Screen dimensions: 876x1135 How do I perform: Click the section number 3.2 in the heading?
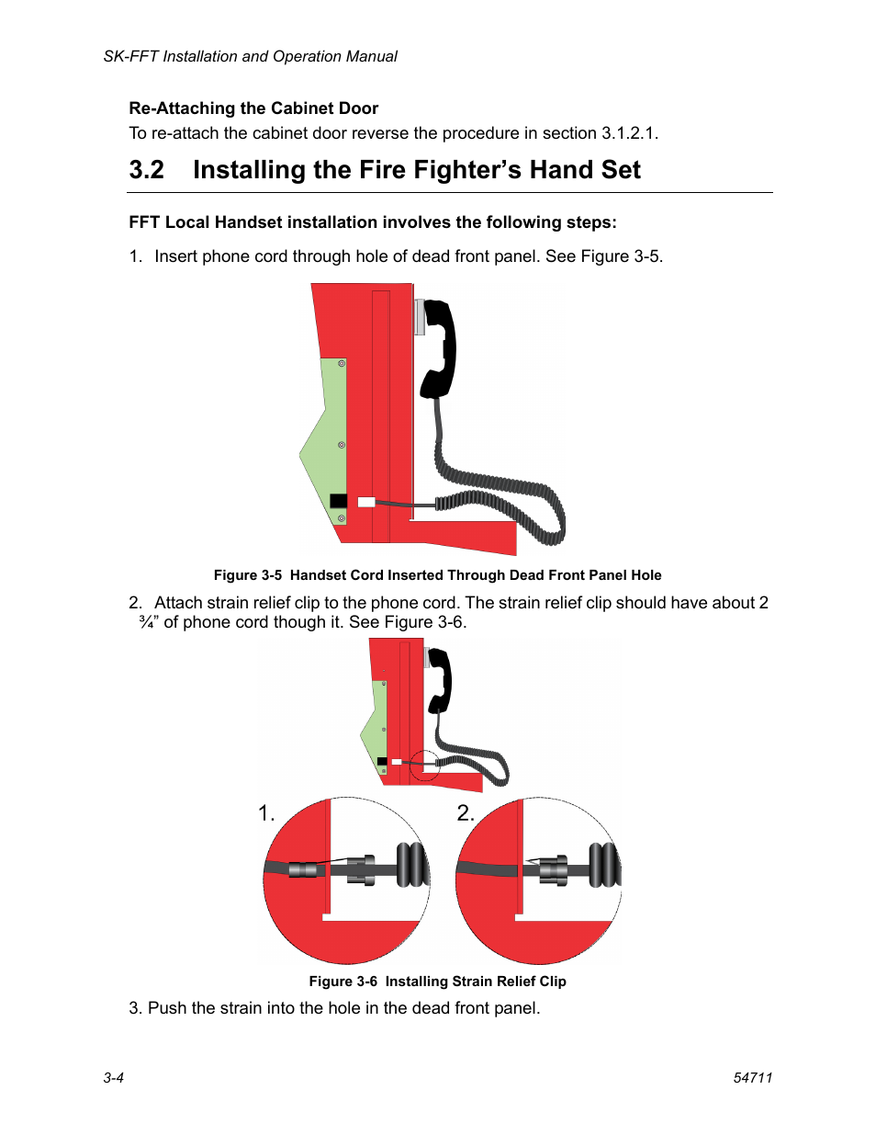click(147, 170)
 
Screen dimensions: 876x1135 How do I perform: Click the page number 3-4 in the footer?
click(113, 1077)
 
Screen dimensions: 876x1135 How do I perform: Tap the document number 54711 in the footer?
click(752, 1077)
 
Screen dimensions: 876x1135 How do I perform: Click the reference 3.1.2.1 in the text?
click(628, 133)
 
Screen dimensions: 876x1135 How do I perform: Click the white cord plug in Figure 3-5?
click(365, 502)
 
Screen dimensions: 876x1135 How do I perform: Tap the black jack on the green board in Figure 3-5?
click(338, 501)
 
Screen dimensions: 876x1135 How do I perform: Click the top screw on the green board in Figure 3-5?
click(342, 363)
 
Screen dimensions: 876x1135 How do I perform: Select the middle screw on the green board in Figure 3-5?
click(342, 445)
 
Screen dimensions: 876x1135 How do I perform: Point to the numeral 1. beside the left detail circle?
click(266, 813)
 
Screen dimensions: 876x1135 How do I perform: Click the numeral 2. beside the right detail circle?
click(466, 813)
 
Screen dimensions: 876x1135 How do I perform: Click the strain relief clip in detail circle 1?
click(361, 870)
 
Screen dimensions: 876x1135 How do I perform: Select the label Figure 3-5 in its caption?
click(248, 575)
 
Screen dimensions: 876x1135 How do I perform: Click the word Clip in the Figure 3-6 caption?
click(553, 982)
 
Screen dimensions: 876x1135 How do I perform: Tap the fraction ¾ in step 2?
click(147, 622)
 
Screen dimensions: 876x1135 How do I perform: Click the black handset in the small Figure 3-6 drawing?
click(439, 681)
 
